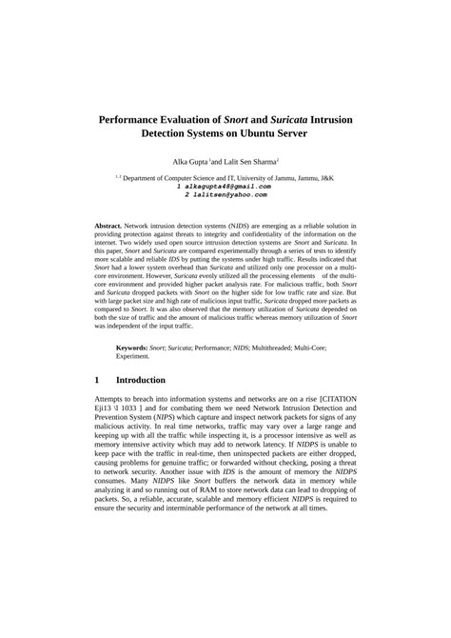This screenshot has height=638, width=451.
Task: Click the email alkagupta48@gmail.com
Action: tap(225, 187)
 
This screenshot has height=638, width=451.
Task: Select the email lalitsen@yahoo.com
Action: tap(225, 194)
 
